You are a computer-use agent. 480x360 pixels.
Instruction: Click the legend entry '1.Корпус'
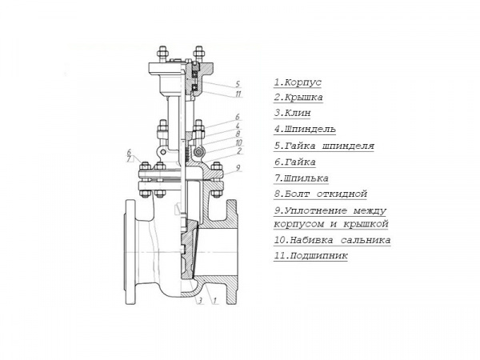point(298,82)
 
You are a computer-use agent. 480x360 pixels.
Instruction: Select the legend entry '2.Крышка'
point(298,98)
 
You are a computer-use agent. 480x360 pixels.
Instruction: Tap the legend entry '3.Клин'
point(292,113)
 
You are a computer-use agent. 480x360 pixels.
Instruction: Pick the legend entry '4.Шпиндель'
point(305,129)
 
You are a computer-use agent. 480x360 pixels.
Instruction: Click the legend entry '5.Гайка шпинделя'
point(324,146)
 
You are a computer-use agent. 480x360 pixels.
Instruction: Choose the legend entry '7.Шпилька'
point(302,178)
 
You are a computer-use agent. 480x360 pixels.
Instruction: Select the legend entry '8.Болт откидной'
point(321,194)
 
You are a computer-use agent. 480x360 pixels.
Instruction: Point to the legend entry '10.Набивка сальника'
point(332,240)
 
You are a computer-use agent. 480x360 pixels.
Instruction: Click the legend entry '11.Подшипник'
point(310,256)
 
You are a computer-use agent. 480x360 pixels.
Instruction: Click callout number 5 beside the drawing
point(238,84)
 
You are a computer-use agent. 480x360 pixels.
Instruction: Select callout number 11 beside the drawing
point(238,94)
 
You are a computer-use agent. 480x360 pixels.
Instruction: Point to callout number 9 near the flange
point(238,168)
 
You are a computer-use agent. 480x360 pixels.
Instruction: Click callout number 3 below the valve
point(200,301)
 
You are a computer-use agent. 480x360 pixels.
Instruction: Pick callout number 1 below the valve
point(214,301)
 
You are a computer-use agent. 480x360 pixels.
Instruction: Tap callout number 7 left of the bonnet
point(129,159)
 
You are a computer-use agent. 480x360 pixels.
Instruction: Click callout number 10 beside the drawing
point(238,142)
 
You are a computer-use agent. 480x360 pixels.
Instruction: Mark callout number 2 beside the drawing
point(239,150)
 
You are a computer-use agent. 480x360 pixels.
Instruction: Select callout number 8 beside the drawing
point(238,134)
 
